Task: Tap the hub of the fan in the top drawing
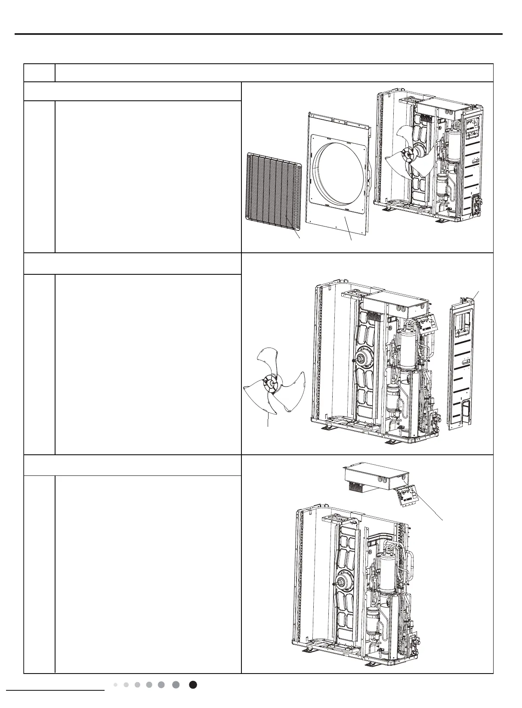click(x=406, y=153)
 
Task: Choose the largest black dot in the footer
click(x=193, y=685)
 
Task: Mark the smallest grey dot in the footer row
click(x=116, y=685)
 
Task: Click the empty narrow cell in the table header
click(x=39, y=73)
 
